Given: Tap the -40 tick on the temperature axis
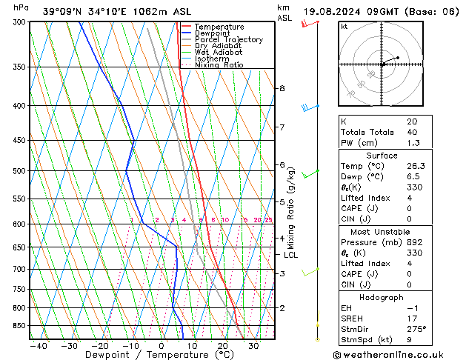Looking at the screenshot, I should pos(38,345).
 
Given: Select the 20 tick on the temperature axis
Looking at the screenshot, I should pos(222,345).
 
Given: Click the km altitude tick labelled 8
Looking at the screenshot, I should pos(282,88).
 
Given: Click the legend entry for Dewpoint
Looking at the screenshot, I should pos(212,33).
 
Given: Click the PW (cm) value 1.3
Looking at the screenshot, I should pos(413,143).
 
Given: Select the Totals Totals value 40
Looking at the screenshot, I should pos(412,132).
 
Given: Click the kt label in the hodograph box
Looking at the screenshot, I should pos(344,27).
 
